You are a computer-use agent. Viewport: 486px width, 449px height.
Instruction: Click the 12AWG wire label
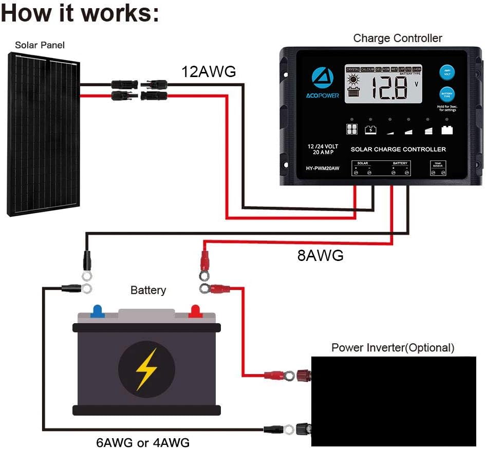pos(208,72)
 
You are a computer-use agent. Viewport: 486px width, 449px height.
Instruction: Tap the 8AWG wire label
pos(320,255)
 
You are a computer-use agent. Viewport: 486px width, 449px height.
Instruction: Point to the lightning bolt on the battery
pos(146,368)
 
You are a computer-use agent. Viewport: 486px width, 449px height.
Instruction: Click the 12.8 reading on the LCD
pos(389,89)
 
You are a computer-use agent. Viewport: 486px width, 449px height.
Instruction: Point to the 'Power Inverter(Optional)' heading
pos(392,348)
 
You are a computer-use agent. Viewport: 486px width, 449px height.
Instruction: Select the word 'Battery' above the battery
pos(148,290)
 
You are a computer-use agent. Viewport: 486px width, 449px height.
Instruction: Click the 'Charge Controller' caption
pos(397,38)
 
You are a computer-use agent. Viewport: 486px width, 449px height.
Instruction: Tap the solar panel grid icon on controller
pos(351,129)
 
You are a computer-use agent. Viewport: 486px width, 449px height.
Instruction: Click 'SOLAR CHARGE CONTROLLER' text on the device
pos(398,149)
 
